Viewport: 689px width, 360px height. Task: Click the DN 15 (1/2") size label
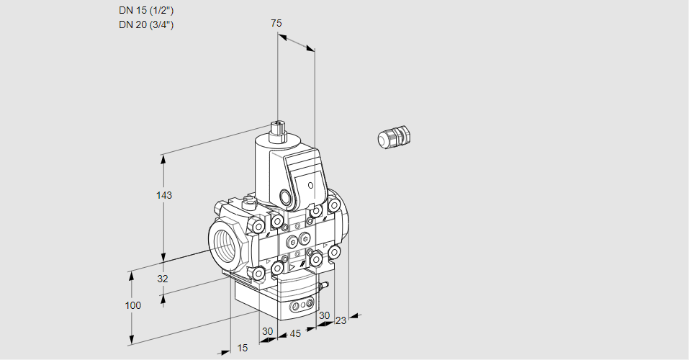pyautogui.click(x=146, y=10)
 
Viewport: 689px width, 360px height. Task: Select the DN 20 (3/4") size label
pyautogui.click(x=146, y=24)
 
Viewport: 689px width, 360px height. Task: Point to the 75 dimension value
pyautogui.click(x=276, y=23)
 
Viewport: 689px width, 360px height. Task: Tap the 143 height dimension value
pyautogui.click(x=165, y=195)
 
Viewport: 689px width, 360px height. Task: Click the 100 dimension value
pyautogui.click(x=132, y=305)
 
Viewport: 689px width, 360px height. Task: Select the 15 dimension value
pyautogui.click(x=243, y=348)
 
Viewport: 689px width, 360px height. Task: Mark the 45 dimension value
pyautogui.click(x=294, y=333)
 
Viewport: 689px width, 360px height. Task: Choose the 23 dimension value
pyautogui.click(x=341, y=320)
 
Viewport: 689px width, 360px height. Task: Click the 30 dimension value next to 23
pyautogui.click(x=324, y=315)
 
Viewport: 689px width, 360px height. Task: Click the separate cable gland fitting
pyautogui.click(x=394, y=137)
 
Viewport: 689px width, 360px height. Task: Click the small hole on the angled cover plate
pyautogui.click(x=311, y=186)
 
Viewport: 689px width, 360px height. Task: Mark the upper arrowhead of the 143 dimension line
pyautogui.click(x=165, y=157)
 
